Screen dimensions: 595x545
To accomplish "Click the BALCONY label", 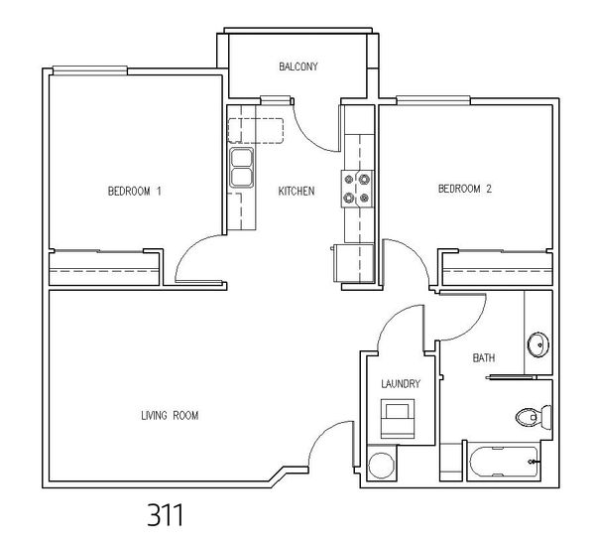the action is [x=298, y=67].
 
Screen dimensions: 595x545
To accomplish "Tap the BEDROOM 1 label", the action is [x=135, y=191].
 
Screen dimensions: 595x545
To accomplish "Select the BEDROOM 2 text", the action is [x=465, y=189].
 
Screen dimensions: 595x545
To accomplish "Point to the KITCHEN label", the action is [x=297, y=191].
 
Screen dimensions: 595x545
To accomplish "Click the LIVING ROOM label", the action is [x=170, y=416].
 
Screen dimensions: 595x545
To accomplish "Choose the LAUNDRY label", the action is [x=401, y=383].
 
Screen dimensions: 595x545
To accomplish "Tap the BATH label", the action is [x=484, y=357].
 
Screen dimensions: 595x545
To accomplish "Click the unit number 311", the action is [x=165, y=514].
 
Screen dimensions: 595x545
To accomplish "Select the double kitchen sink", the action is [x=241, y=168].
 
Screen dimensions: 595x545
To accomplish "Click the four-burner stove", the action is [x=357, y=189].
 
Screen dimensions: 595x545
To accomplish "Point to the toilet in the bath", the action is [x=534, y=418].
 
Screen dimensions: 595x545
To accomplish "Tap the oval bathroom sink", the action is [x=538, y=344].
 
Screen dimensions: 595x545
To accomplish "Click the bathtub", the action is [x=504, y=462].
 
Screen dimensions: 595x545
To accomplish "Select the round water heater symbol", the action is [x=382, y=466].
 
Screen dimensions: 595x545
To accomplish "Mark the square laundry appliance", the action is [x=398, y=419].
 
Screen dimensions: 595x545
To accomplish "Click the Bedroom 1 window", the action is [x=90, y=69].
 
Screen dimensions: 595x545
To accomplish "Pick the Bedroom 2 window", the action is [x=433, y=100].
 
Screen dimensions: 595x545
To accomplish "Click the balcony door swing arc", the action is [x=308, y=137].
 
